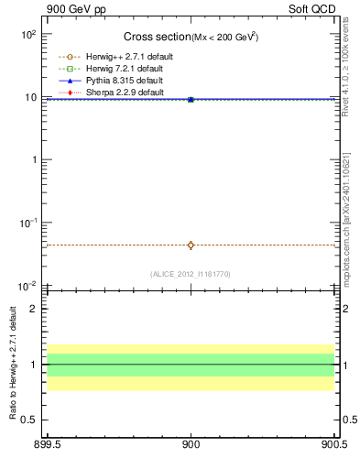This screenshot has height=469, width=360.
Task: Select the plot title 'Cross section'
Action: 157,37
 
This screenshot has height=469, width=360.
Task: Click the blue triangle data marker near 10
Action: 191,98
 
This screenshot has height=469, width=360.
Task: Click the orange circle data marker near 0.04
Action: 191,245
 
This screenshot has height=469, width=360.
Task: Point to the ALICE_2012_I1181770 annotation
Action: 191,274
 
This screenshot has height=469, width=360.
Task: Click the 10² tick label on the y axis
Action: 28,35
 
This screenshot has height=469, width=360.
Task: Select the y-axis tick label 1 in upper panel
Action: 33,160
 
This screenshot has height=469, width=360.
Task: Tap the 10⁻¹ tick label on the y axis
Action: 27,223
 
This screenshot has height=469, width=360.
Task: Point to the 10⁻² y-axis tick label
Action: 27,286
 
